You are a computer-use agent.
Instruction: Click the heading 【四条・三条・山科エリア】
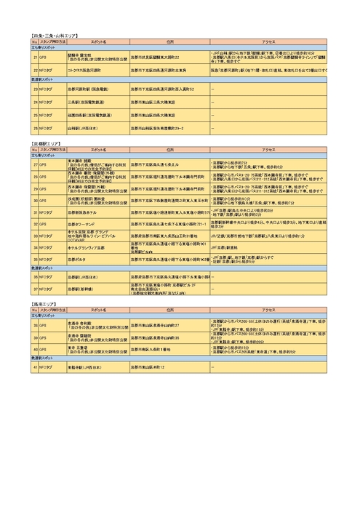[x=55, y=35]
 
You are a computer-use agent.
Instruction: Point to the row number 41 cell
[x=35, y=367]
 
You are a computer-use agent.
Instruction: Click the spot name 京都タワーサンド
[x=84, y=225]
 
